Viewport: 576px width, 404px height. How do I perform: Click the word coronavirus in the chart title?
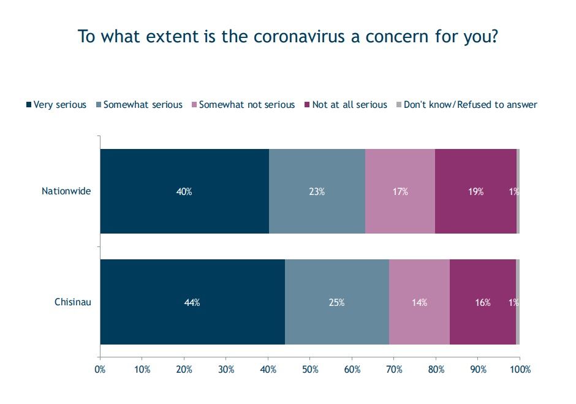(x=299, y=37)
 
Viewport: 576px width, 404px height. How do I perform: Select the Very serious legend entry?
(x=56, y=105)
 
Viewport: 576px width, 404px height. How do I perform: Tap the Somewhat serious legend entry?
(x=139, y=105)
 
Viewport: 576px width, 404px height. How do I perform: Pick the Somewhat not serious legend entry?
(x=243, y=105)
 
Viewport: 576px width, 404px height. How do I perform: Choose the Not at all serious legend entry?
(x=346, y=105)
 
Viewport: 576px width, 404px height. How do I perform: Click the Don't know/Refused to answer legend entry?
(x=466, y=105)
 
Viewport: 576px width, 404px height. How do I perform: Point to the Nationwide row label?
(x=66, y=191)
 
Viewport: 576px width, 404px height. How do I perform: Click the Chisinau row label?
(x=73, y=302)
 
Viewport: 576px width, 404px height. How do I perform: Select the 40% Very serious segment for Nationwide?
(x=184, y=191)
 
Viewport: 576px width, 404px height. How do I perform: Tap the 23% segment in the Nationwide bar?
(x=317, y=191)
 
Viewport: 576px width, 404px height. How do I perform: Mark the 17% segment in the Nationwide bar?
(x=400, y=191)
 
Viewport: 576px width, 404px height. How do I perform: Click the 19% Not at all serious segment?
(x=476, y=191)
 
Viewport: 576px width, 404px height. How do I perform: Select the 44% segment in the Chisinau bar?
(x=192, y=302)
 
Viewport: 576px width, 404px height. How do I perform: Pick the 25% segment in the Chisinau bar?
(x=337, y=302)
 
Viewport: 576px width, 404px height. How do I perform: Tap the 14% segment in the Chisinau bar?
(x=419, y=302)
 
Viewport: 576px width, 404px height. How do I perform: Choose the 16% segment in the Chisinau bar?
(x=483, y=302)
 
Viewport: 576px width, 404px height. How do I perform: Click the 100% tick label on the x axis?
(x=520, y=370)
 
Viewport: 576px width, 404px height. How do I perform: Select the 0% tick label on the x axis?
(x=100, y=370)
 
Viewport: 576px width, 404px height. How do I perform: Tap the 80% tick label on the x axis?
(x=436, y=370)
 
